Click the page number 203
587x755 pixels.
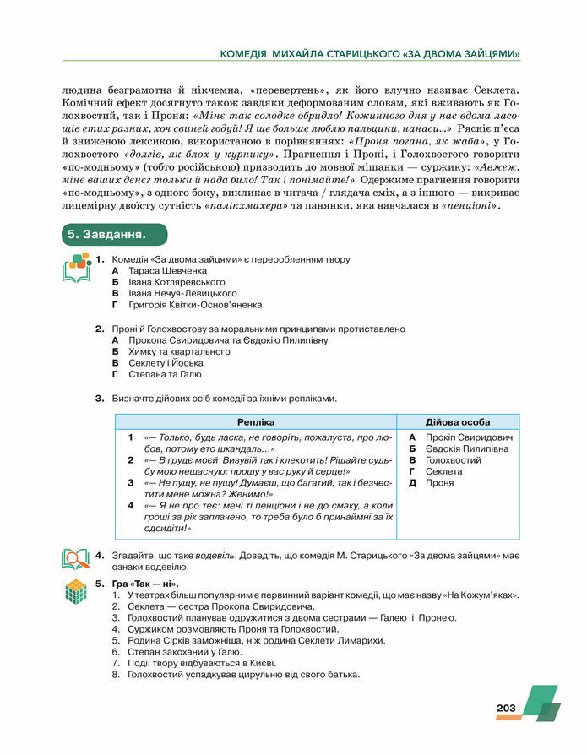(506, 708)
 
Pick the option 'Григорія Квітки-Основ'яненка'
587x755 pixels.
(195, 305)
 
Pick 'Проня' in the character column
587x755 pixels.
(440, 483)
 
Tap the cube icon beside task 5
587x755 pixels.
(77, 591)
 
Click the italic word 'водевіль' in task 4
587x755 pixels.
(215, 556)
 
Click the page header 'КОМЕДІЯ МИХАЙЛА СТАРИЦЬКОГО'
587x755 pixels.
(307, 54)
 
